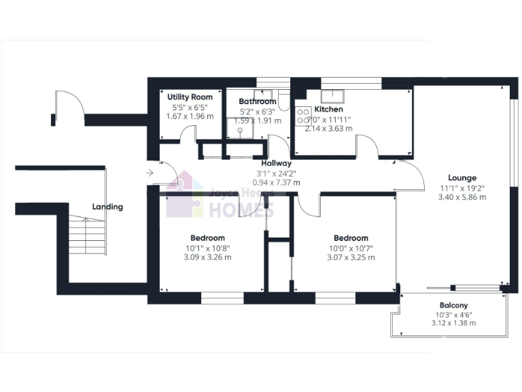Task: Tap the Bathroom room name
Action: click(257, 101)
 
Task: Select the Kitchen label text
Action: click(328, 109)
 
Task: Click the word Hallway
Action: click(275, 163)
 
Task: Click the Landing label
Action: click(108, 207)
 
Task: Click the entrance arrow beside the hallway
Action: click(149, 173)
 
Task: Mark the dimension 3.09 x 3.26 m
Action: click(207, 257)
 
